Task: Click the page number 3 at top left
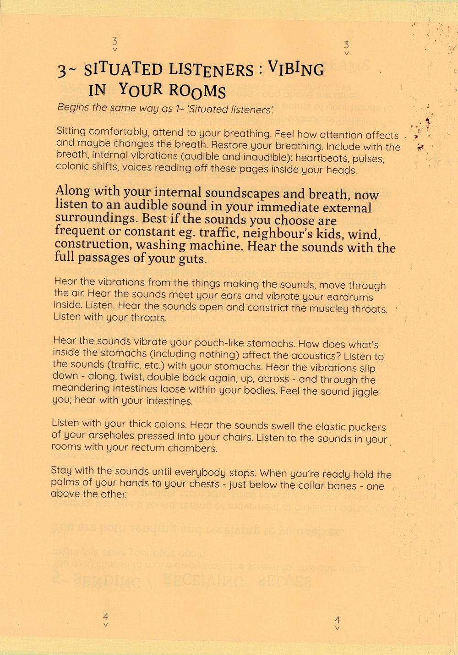coord(115,41)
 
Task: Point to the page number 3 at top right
coord(346,45)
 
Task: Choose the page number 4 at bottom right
coord(338,620)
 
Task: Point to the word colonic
coord(71,166)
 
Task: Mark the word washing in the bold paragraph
coord(163,246)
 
